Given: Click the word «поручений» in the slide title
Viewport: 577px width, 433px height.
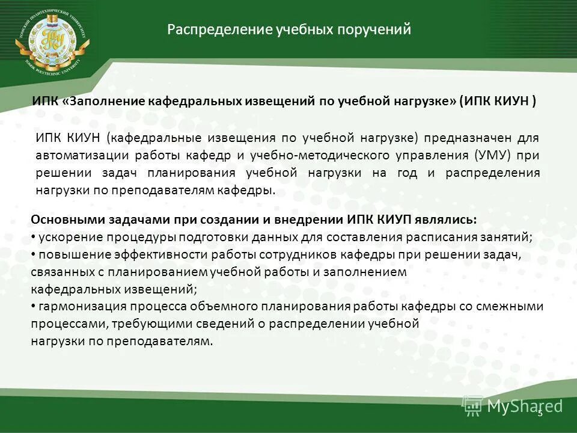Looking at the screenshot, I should [x=377, y=29].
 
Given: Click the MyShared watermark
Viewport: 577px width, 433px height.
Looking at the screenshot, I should [x=512, y=406].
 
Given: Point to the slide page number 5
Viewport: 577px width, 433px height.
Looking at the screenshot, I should [x=539, y=412].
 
